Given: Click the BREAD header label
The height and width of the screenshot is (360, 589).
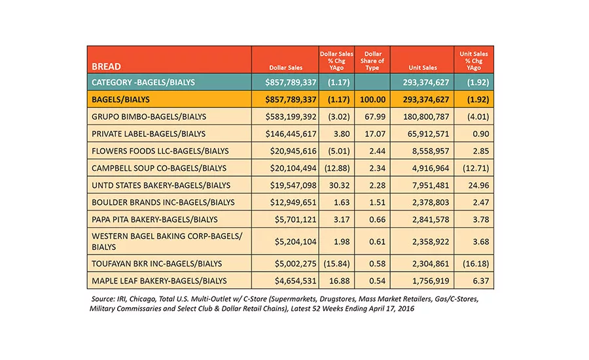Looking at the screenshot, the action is [106, 67].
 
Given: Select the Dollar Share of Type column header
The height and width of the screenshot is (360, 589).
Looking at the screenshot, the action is [372, 61].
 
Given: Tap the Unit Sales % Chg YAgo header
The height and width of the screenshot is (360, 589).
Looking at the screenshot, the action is [474, 61].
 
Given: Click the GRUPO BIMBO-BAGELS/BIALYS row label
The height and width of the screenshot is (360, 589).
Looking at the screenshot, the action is [149, 117].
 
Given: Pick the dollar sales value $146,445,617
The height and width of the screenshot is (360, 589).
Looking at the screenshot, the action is [291, 134].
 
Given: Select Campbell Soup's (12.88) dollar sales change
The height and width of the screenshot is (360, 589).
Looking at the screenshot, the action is [337, 168].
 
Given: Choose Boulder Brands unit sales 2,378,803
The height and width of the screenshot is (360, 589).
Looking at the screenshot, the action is [431, 202].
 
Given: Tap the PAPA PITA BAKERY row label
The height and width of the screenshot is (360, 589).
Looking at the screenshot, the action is [154, 219].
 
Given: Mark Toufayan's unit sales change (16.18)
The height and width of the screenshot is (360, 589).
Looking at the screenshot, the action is [476, 264].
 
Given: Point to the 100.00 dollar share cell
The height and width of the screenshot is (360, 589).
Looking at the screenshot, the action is [372, 99].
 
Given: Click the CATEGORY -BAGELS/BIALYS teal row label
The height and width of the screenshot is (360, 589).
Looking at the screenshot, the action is [143, 82].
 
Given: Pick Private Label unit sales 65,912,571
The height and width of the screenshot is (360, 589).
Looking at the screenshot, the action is [428, 134].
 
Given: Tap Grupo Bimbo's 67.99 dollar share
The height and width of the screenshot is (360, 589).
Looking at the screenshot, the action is [375, 117].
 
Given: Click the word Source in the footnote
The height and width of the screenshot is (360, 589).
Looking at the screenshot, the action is [103, 299].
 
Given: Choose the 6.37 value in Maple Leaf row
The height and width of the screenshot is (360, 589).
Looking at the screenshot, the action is [481, 281].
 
